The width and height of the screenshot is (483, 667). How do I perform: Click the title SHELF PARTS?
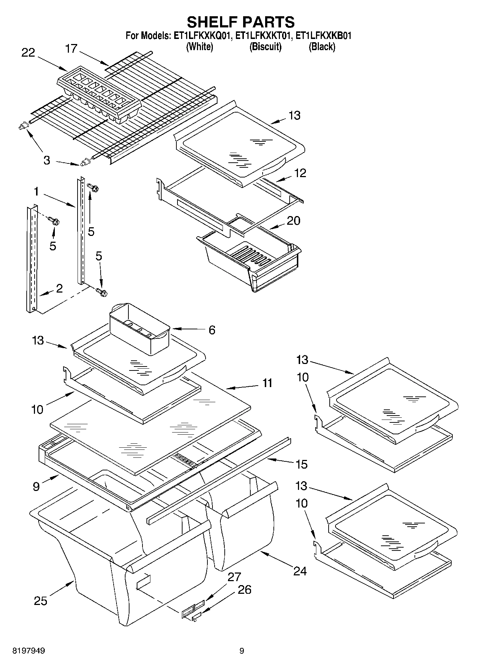[241, 22]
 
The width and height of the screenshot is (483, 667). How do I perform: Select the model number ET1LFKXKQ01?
[203, 36]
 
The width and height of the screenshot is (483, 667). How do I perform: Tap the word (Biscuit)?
[265, 47]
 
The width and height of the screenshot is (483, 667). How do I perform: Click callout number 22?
[28, 53]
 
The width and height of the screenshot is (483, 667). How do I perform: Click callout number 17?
[71, 48]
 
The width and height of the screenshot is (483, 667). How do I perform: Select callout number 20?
[293, 220]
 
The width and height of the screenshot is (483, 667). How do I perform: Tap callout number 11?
[267, 383]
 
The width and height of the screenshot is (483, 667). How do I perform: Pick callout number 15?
[302, 464]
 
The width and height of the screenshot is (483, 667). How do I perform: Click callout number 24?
[300, 571]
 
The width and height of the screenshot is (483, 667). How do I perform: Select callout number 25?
[41, 601]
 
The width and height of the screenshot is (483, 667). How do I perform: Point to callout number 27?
[234, 577]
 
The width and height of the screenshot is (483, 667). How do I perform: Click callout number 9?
[36, 487]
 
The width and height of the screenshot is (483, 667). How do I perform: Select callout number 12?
[300, 173]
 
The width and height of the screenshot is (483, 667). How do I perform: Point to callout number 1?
[36, 192]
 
